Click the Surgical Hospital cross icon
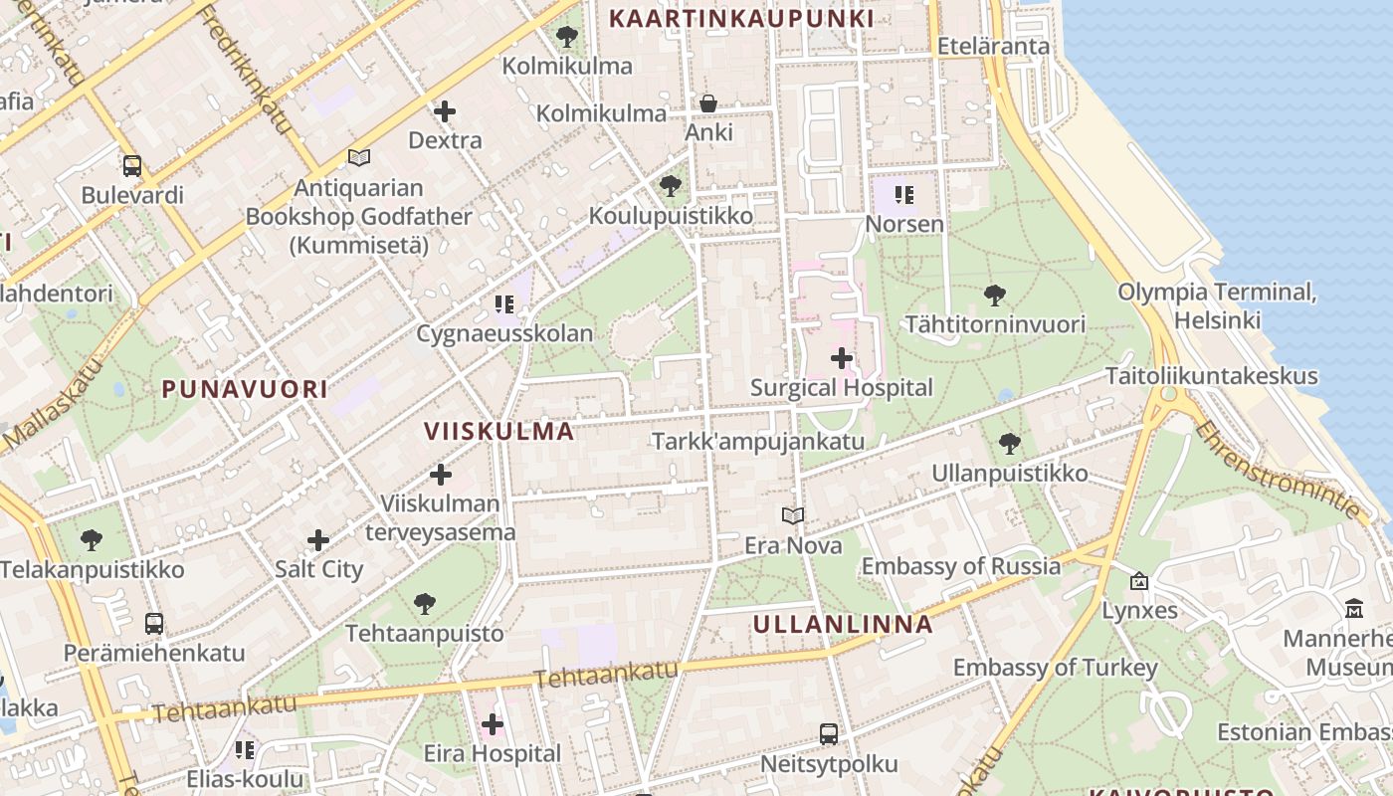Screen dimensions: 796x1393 tap(842, 358)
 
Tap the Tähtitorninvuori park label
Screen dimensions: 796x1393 tap(994, 324)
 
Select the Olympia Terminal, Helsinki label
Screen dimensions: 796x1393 tap(1217, 305)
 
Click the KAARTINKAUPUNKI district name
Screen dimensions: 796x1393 tap(741, 18)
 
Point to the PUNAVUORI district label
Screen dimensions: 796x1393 tap(245, 389)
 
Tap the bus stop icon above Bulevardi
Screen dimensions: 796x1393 tap(132, 166)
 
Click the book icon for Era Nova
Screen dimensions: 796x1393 tap(793, 515)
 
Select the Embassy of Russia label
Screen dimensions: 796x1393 tap(960, 566)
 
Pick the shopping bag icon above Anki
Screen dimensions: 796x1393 tap(708, 103)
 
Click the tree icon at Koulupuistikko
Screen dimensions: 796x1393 tap(671, 186)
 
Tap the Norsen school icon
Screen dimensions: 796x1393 tap(903, 195)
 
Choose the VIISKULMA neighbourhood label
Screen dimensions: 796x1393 tap(499, 431)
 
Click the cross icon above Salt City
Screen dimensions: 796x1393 tap(318, 540)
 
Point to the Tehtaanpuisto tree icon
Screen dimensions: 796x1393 tap(425, 603)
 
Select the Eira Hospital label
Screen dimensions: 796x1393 tap(493, 753)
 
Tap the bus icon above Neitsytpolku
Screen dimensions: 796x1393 tap(829, 734)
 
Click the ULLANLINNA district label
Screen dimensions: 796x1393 tap(843, 624)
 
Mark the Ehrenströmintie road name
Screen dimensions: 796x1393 tap(1278, 470)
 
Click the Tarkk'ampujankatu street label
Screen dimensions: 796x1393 tap(757, 441)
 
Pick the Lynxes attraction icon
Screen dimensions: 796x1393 tap(1139, 581)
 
